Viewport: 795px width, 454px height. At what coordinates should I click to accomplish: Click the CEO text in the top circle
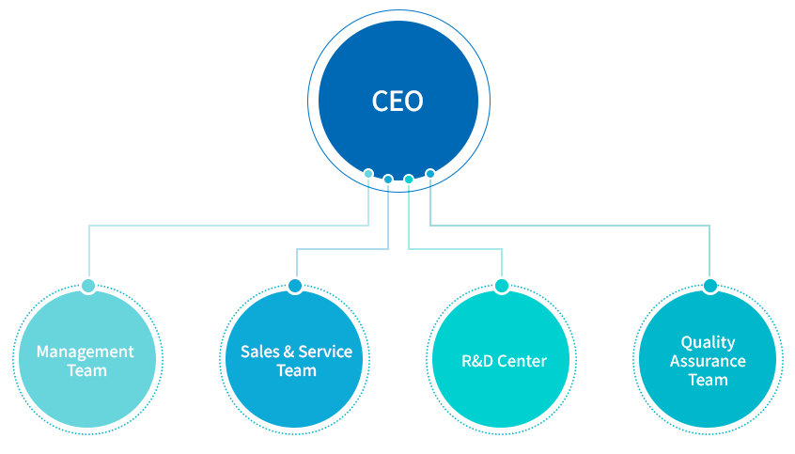pyautogui.click(x=397, y=101)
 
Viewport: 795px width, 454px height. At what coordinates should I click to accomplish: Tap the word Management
pyautogui.click(x=86, y=352)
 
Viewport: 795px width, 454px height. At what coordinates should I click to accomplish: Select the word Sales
pyautogui.click(x=259, y=352)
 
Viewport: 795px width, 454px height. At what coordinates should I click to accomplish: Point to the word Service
pyautogui.click(x=325, y=352)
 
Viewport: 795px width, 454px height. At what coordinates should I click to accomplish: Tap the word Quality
pyautogui.click(x=708, y=342)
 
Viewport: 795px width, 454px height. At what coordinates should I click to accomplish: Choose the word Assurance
pyautogui.click(x=708, y=361)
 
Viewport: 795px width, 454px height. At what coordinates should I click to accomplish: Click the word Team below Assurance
pyautogui.click(x=708, y=380)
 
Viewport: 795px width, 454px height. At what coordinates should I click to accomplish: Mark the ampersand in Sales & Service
pyautogui.click(x=288, y=352)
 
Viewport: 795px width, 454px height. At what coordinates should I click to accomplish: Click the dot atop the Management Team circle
pyautogui.click(x=88, y=286)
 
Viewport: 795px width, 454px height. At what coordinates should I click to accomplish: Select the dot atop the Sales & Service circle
pyautogui.click(x=295, y=286)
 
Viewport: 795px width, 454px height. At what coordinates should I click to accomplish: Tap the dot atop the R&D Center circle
pyautogui.click(x=502, y=286)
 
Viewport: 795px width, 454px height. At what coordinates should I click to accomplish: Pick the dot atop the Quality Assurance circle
pyautogui.click(x=709, y=286)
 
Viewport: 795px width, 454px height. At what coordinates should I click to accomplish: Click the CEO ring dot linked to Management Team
pyautogui.click(x=368, y=173)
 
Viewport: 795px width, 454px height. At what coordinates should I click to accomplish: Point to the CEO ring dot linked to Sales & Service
pyautogui.click(x=388, y=179)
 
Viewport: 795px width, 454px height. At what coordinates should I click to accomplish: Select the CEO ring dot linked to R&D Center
pyautogui.click(x=409, y=179)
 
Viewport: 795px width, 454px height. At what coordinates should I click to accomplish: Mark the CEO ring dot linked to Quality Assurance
pyautogui.click(x=430, y=173)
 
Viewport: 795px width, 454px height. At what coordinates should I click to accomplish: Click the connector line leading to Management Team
pyautogui.click(x=226, y=226)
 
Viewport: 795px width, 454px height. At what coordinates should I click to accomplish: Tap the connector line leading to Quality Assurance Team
pyautogui.click(x=573, y=226)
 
